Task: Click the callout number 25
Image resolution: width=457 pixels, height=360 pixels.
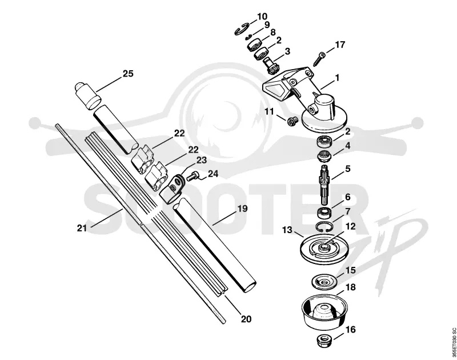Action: [x=127, y=74]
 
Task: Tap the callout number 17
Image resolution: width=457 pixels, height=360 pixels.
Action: [x=339, y=45]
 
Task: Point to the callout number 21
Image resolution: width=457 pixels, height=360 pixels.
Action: [x=82, y=227]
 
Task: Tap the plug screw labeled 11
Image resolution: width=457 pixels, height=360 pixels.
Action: [x=292, y=121]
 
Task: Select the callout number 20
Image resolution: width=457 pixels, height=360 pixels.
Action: [x=246, y=319]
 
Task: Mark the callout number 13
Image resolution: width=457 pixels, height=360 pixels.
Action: [x=287, y=230]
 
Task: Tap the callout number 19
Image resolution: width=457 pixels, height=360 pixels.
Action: [x=242, y=209]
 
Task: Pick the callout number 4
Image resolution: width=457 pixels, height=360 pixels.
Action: [x=348, y=146]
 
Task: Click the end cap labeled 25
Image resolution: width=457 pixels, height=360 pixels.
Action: [x=87, y=96]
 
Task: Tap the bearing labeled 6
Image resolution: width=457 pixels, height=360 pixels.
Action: [x=324, y=212]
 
